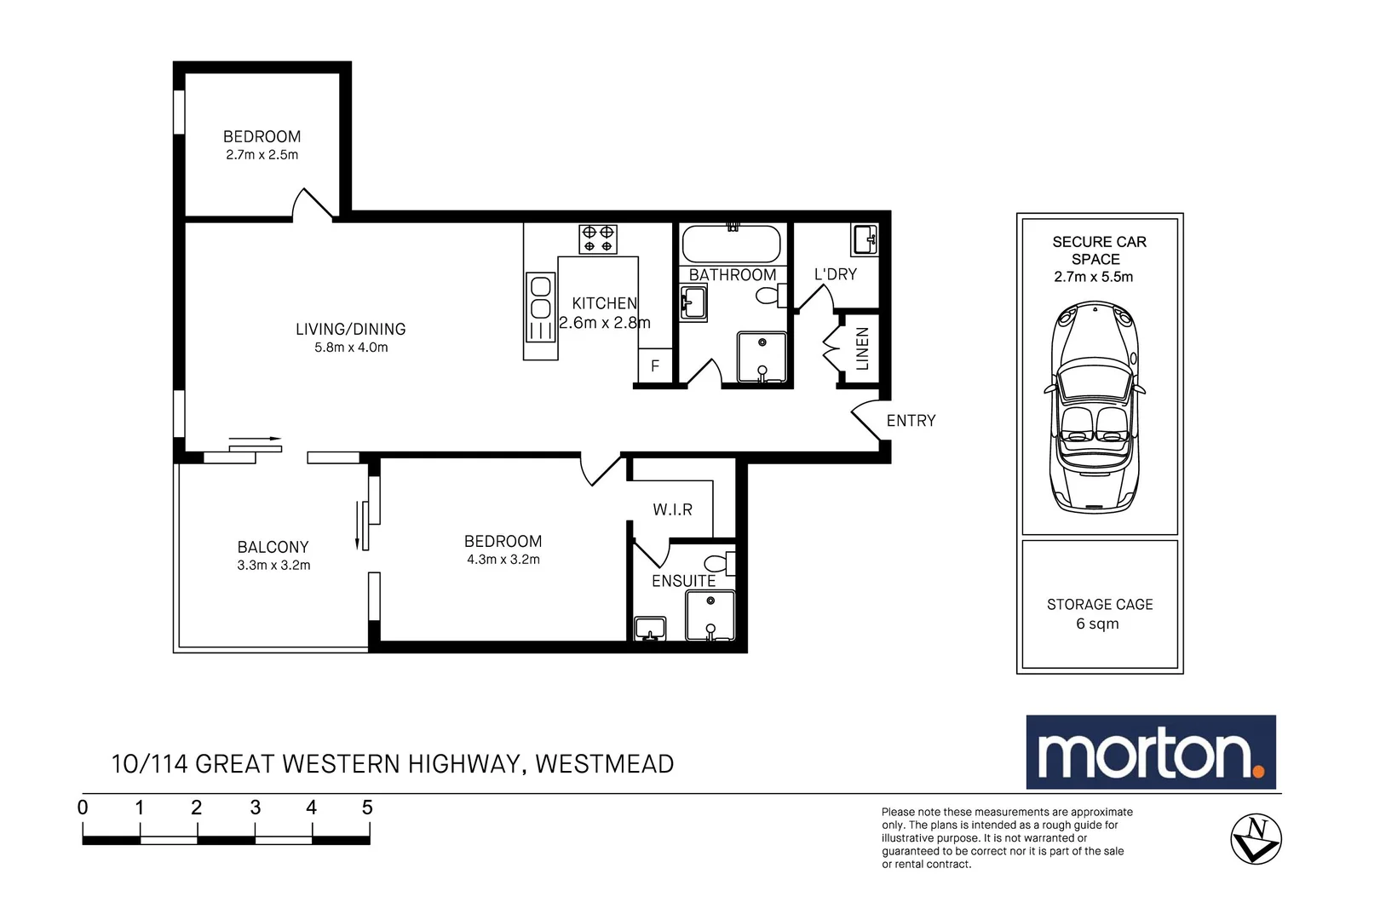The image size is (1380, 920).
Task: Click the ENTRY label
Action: [911, 421]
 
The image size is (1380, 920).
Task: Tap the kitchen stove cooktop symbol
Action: [598, 239]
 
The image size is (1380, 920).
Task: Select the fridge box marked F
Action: [655, 365]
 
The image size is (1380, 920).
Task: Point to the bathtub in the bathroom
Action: [731, 244]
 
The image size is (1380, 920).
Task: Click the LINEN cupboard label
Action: [862, 348]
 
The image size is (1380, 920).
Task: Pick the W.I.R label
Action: [673, 509]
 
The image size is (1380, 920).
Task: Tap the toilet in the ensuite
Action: [720, 563]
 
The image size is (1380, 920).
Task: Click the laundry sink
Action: [865, 239]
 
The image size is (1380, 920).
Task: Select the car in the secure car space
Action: [1095, 406]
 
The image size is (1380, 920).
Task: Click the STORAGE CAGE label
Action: [1100, 605]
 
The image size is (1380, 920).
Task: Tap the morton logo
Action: [1151, 752]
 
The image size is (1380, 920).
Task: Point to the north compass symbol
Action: [1256, 839]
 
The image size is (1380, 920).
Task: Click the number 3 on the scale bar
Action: [255, 808]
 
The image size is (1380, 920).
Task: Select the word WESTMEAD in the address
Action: [604, 764]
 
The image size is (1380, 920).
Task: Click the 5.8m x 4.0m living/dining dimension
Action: [351, 348]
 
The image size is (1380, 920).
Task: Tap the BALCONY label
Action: [273, 547]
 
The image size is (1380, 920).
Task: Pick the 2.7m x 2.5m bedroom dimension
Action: [262, 155]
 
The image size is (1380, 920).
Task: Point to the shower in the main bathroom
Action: [762, 357]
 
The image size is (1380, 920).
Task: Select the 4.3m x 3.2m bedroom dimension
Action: [503, 560]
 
